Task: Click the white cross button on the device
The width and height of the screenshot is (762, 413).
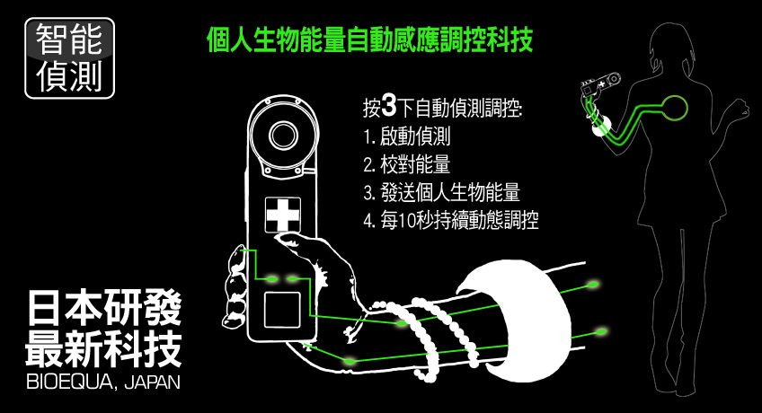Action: pos(283,215)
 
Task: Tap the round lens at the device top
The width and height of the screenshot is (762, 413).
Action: pos(284,135)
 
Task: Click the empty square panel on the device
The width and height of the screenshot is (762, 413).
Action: pos(282,310)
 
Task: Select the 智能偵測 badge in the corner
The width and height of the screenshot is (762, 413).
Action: pos(69,58)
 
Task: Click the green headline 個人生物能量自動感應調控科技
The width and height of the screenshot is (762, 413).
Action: pos(370,40)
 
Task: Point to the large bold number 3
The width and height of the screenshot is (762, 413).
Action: pos(389,106)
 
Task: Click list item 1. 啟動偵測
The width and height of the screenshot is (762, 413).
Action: pos(407,136)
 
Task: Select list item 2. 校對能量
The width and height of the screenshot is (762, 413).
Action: pos(407,164)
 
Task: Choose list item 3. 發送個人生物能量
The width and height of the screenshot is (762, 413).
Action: pos(442,192)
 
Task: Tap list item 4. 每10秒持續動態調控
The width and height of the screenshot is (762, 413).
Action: pos(451,220)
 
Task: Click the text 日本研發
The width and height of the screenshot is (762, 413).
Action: pos(104,308)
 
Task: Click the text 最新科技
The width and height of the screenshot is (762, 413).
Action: pos(104,349)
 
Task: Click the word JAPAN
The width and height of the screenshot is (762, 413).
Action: pos(152,382)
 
